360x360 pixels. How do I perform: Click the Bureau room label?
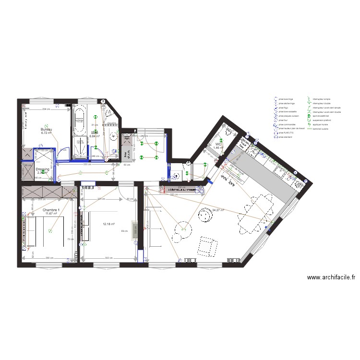[x=47, y=130]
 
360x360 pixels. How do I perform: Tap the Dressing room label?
[x=43, y=169]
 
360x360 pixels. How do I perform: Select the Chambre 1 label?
[x=51, y=211]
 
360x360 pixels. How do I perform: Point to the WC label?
[x=218, y=144]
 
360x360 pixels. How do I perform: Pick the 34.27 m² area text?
[x=218, y=210]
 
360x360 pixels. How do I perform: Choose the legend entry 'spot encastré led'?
[x=320, y=116]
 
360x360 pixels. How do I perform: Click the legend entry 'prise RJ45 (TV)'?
[x=286, y=133]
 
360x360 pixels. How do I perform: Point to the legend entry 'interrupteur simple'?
[x=321, y=99]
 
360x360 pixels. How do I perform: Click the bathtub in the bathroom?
[x=79, y=120]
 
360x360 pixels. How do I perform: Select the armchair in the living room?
[x=207, y=246]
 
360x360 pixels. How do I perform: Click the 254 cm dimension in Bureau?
[x=45, y=110]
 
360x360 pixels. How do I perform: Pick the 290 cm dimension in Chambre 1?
[x=49, y=258]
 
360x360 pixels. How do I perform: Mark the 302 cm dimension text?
[x=109, y=258]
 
